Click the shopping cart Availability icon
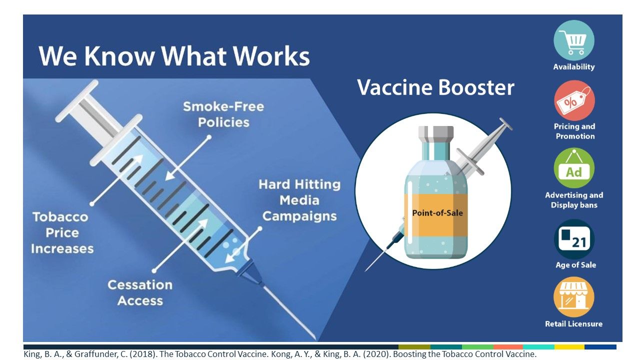(x=574, y=40)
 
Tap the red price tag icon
(x=574, y=100)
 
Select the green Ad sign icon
(x=574, y=168)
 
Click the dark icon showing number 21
(x=574, y=239)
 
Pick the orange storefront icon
(x=574, y=297)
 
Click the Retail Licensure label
(x=573, y=323)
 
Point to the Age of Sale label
(x=575, y=265)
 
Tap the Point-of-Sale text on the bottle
(x=437, y=213)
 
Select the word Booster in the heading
(x=476, y=87)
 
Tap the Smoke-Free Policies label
(x=223, y=114)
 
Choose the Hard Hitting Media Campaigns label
(x=299, y=200)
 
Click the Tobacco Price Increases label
(x=62, y=233)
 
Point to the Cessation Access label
(x=140, y=292)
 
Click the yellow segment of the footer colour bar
(x=569, y=347)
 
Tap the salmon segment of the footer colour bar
(x=508, y=347)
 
